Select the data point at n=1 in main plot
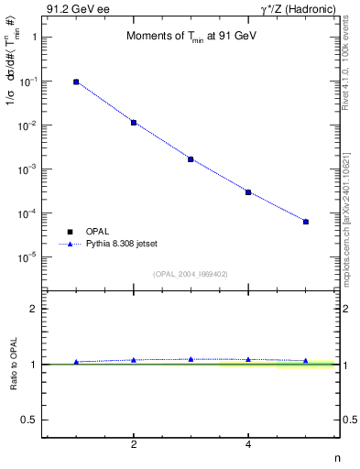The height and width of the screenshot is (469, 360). (76, 82)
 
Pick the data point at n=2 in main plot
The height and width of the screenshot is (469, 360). (134, 122)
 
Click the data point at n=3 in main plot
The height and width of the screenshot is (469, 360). (191, 158)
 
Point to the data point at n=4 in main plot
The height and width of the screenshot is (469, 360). (248, 191)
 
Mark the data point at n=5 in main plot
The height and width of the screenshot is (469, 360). (306, 222)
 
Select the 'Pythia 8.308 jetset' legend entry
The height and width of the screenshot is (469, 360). (121, 245)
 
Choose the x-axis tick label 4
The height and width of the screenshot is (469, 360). (248, 444)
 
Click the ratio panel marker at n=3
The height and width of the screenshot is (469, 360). (191, 359)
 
